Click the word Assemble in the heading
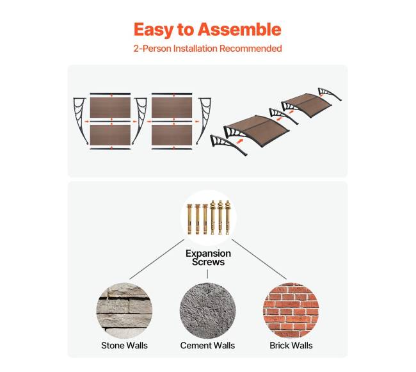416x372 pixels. [239, 29]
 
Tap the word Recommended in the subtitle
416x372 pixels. [250, 49]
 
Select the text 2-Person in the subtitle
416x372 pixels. [152, 49]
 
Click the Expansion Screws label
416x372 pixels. [208, 257]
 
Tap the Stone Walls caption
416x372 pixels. [124, 346]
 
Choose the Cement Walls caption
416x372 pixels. [207, 346]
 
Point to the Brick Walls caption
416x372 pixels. [291, 346]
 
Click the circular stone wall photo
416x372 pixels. [124, 311]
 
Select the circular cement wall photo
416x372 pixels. [207, 311]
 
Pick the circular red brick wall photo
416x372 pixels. [291, 311]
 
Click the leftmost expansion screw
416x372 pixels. [189, 219]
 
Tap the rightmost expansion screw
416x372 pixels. [228, 218]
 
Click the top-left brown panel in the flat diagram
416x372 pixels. [110, 108]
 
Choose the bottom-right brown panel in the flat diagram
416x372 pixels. [172, 135]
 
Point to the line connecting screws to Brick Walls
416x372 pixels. [259, 259]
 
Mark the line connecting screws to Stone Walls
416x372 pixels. [157, 259]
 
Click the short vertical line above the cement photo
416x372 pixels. [207, 274]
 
